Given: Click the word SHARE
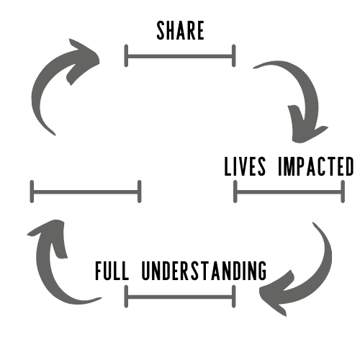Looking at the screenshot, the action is tap(180, 30).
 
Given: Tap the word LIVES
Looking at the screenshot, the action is tap(245, 166).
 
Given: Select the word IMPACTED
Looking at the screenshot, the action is tap(316, 166).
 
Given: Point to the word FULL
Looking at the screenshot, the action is tap(112, 271).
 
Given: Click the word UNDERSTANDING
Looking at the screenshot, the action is tap(204, 271).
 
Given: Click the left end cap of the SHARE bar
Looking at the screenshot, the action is tap(126, 55).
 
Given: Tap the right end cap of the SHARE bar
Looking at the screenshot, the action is tap(234, 55).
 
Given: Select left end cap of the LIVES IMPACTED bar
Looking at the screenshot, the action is tap(235, 192).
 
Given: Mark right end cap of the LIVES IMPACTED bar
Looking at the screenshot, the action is tap(343, 192).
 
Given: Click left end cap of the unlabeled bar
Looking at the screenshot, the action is tap(32, 192).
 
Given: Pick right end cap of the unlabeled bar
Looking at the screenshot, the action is tap(140, 192).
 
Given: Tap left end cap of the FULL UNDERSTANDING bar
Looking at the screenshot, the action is tap(126, 297).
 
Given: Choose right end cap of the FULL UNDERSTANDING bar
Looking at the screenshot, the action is tap(234, 297).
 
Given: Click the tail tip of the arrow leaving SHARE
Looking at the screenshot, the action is tap(253, 68).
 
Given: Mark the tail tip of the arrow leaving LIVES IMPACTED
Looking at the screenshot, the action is tap(312, 223).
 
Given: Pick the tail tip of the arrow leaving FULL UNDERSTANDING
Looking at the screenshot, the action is tap(101, 298).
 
